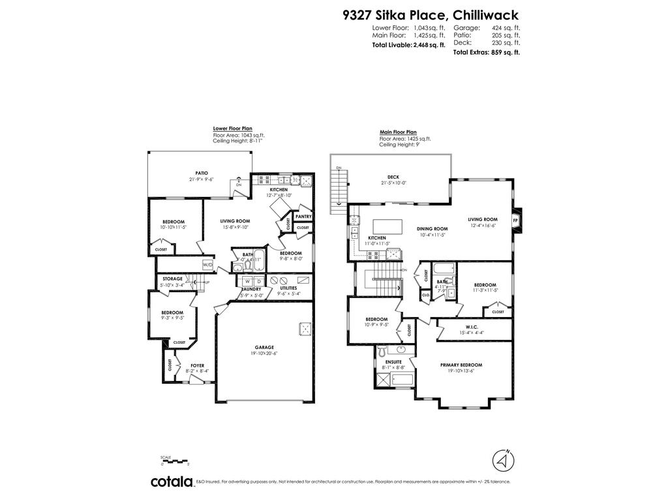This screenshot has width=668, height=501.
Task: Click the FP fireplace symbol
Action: [516, 220]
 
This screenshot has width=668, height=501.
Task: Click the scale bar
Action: [175, 462]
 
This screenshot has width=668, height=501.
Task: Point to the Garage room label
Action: [264, 347]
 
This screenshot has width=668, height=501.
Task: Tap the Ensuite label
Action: [393, 361]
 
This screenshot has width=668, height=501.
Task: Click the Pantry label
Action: [303, 216]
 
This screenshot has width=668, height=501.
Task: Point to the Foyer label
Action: [197, 365]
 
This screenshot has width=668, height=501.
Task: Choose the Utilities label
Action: [288, 287]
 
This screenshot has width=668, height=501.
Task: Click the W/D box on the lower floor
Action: [207, 264]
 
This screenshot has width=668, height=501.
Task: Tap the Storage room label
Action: [172, 279]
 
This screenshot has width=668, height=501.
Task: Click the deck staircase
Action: [339, 187]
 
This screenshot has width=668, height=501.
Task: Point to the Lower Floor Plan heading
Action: [232, 129]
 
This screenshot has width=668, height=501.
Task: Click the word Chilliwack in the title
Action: [483, 14]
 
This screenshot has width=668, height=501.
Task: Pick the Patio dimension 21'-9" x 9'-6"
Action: [201, 179]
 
